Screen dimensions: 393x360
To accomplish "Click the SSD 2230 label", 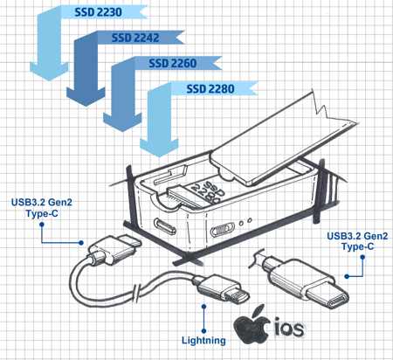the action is [98, 12].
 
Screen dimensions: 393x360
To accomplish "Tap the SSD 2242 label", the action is [135, 38].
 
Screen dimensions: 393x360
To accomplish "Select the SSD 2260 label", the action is [173, 63].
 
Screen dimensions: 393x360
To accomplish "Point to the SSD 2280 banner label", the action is [210, 89].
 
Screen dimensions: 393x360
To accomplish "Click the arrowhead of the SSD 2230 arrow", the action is [49, 71].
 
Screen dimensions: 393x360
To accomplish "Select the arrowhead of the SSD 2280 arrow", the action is [159, 148].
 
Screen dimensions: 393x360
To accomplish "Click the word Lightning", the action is [203, 340].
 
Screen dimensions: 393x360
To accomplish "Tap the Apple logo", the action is [252, 324].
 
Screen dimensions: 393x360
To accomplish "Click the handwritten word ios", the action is [289, 329].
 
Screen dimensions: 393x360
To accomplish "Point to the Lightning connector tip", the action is [237, 296].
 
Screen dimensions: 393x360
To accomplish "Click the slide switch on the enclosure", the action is [223, 229].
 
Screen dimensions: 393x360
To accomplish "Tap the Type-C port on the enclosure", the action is [165, 226].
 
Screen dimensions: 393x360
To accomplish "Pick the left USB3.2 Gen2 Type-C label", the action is [42, 208].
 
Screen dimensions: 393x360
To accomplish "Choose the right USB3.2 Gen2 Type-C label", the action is [357, 241].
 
